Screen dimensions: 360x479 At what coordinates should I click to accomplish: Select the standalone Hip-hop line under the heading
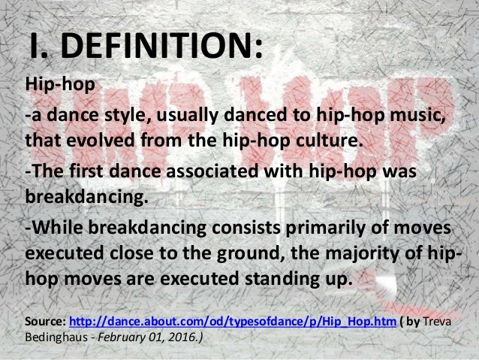(61, 85)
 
